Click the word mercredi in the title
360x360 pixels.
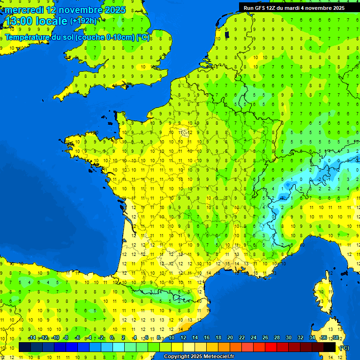23,9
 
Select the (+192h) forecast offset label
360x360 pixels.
83,21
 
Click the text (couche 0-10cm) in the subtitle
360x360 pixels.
105,37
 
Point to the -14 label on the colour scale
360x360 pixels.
32,338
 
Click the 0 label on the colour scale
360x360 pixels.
112,338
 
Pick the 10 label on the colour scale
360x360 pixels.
172,338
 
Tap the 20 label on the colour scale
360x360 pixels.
230,338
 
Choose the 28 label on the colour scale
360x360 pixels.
277,338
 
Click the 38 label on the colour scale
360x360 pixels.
335,338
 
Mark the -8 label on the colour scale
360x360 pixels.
66,338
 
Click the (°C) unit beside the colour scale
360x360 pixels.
344,347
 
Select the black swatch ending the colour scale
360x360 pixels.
330,347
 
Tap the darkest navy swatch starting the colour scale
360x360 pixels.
25,347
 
